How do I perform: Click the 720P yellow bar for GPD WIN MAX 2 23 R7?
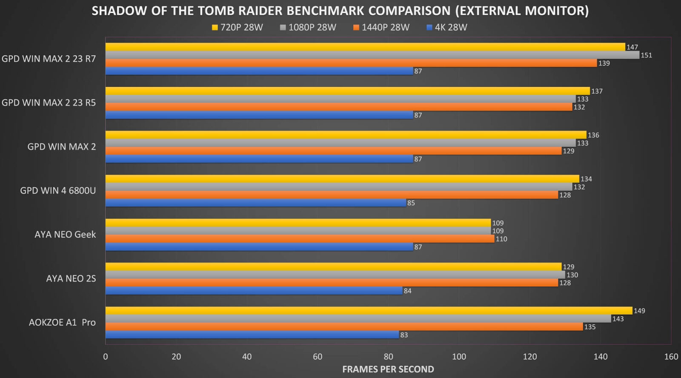point(365,47)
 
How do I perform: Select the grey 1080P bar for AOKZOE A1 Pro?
point(358,319)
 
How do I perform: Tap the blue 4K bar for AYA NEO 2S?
point(254,291)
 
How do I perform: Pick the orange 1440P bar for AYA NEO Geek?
point(300,239)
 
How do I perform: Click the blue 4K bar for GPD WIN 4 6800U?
point(255,203)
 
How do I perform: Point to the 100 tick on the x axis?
point(459,357)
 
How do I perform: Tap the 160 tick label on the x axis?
point(671,357)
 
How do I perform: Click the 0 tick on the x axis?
point(106,357)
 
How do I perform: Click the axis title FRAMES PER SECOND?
point(388,369)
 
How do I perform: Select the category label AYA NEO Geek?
point(65,235)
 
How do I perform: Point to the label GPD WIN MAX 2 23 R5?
point(49,103)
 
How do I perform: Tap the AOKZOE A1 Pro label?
point(62,323)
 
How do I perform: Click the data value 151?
point(646,55)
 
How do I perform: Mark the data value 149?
point(639,311)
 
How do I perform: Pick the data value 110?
point(501,239)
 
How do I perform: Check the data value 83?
point(404,335)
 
